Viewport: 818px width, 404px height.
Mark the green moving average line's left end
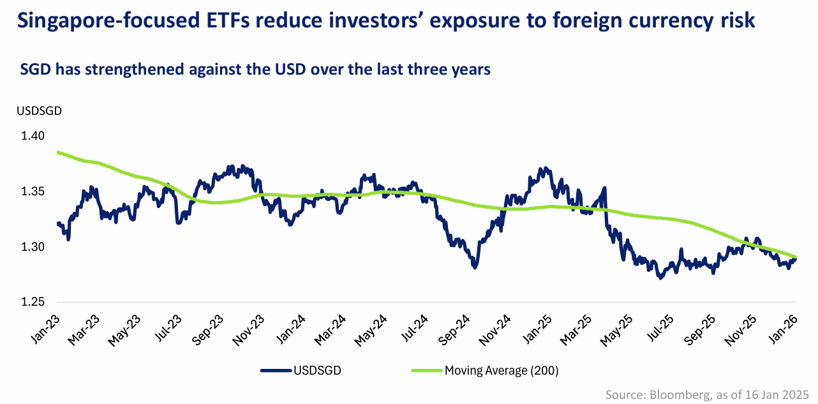tap(57, 152)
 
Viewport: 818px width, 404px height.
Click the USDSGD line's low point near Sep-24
tap(475, 267)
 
